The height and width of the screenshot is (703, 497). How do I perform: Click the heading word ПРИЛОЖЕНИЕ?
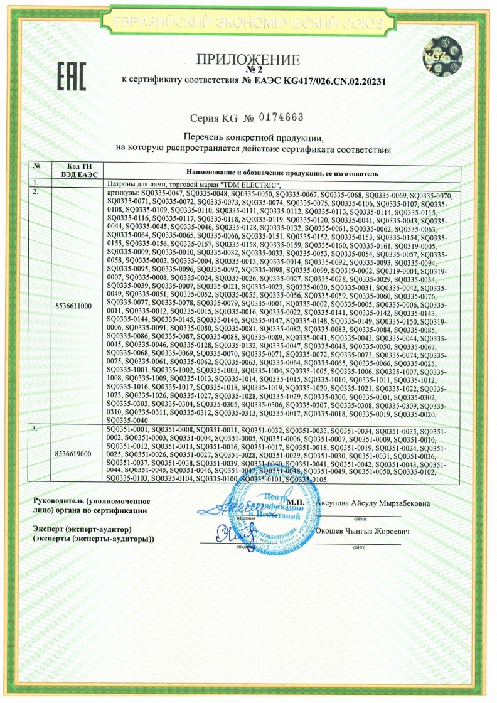[248, 60]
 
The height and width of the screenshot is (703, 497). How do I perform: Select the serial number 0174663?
[282, 117]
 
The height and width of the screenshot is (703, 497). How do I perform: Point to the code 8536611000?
[73, 306]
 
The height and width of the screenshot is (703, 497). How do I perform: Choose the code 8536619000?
[73, 453]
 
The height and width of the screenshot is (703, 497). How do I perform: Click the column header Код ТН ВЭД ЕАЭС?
[73, 169]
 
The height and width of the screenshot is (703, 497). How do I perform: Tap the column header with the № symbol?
[38, 166]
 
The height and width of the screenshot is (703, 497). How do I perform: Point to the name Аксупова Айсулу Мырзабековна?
[369, 503]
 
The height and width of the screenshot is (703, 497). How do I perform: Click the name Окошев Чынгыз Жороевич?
[364, 531]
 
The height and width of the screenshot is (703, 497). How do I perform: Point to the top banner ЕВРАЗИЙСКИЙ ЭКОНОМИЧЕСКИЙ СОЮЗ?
[248, 24]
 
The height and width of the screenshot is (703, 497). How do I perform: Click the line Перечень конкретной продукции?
[253, 137]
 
